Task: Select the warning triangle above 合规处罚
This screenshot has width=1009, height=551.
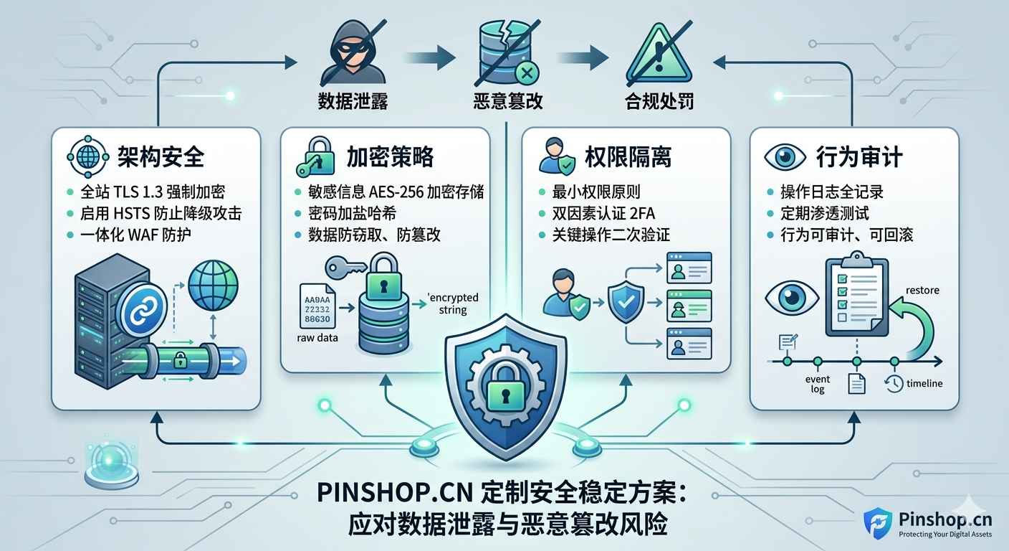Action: click(x=659, y=53)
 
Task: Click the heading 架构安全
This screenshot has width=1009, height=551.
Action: click(x=161, y=157)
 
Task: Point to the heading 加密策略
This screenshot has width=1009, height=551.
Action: click(x=390, y=157)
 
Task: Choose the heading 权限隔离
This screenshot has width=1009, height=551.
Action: click(x=628, y=157)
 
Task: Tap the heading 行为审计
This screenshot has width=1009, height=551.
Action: click(x=859, y=157)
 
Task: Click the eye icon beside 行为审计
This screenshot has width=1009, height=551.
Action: click(x=785, y=157)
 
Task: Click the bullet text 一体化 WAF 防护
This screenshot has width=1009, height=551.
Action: click(x=135, y=235)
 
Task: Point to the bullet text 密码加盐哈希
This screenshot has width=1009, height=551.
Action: click(x=353, y=213)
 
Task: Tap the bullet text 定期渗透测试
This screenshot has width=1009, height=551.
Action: click(x=825, y=213)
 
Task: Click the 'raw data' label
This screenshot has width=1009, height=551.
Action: click(x=317, y=338)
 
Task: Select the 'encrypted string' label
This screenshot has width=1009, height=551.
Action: click(x=452, y=303)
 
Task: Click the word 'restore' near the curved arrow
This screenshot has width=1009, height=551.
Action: click(x=922, y=290)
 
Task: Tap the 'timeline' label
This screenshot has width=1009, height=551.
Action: click(x=924, y=383)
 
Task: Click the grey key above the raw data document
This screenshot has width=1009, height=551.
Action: click(x=345, y=268)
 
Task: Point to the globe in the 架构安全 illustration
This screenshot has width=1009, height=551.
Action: click(x=213, y=285)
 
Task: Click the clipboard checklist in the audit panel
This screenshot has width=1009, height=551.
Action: click(x=856, y=298)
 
